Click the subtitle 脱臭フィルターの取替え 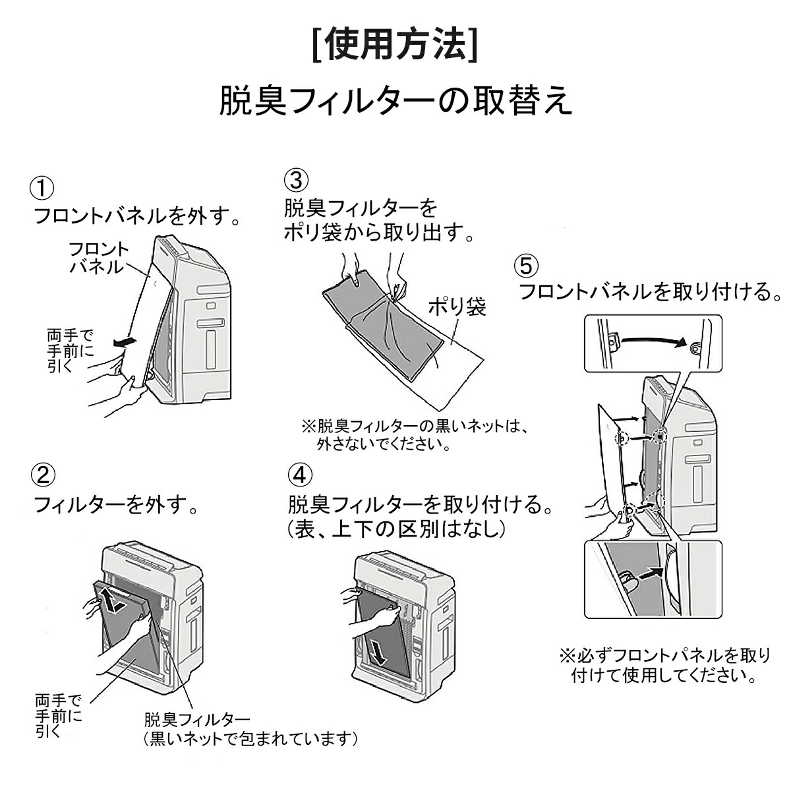point(395,101)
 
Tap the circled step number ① point(43,187)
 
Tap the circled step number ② point(43,475)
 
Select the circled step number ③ point(296,179)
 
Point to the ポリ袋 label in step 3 point(457,307)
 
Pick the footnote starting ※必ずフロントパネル point(664,665)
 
